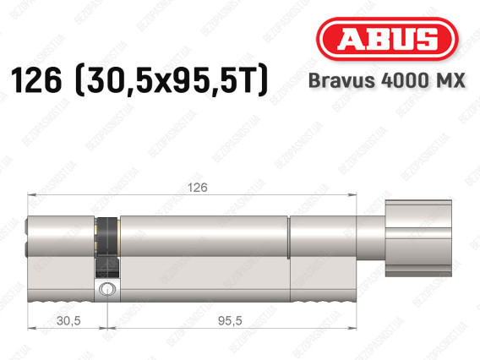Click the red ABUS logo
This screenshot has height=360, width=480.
click(x=387, y=39)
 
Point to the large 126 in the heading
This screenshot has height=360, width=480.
click(x=36, y=80)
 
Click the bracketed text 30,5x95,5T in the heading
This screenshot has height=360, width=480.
click(x=172, y=80)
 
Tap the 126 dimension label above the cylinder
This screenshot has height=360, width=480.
click(x=198, y=188)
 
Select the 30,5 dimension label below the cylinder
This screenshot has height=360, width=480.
click(x=68, y=320)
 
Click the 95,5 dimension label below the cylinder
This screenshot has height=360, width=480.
click(x=230, y=320)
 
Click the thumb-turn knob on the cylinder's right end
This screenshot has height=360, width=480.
click(x=418, y=237)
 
